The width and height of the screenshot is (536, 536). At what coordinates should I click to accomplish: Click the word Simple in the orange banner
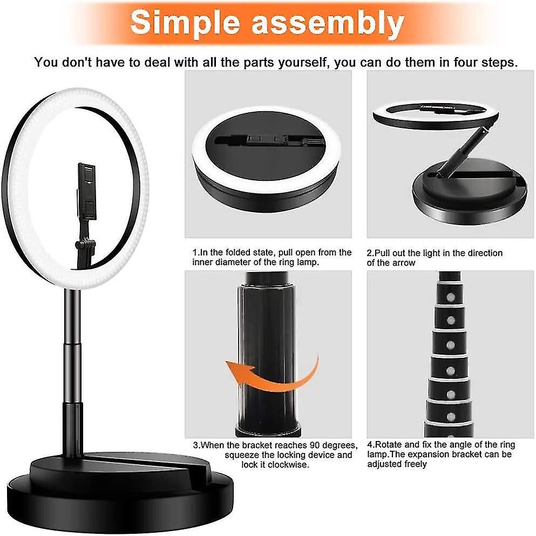click(x=185, y=22)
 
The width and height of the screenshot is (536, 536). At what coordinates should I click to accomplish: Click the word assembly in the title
click(x=328, y=23)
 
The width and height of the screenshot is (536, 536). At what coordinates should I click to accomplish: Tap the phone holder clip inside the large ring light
click(x=87, y=192)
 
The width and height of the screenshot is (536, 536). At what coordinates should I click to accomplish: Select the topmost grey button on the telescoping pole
click(x=451, y=297)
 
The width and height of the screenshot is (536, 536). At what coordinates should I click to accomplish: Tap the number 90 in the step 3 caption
click(x=315, y=445)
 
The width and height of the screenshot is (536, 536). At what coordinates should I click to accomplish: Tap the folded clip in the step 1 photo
click(x=268, y=140)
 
